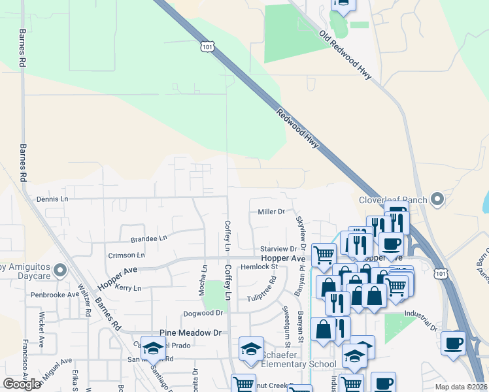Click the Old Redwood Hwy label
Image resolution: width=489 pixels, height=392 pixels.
(x=346, y=56)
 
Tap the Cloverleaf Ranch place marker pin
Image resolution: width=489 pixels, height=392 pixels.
(x=437, y=199)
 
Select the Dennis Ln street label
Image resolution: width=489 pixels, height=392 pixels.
(x=52, y=199)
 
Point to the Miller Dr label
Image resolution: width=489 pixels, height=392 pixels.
(x=271, y=212)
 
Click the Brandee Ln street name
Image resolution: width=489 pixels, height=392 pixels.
(x=149, y=239)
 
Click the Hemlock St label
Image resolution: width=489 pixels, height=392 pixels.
(x=260, y=267)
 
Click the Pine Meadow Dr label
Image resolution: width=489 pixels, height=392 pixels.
(x=191, y=333)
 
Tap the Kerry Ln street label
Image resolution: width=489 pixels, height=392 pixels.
(x=127, y=287)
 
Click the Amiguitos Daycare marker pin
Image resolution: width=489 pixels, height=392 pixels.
(x=60, y=269)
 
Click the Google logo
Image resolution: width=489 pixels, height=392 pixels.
(x=22, y=384)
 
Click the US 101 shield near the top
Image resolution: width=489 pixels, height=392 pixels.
(x=207, y=47)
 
